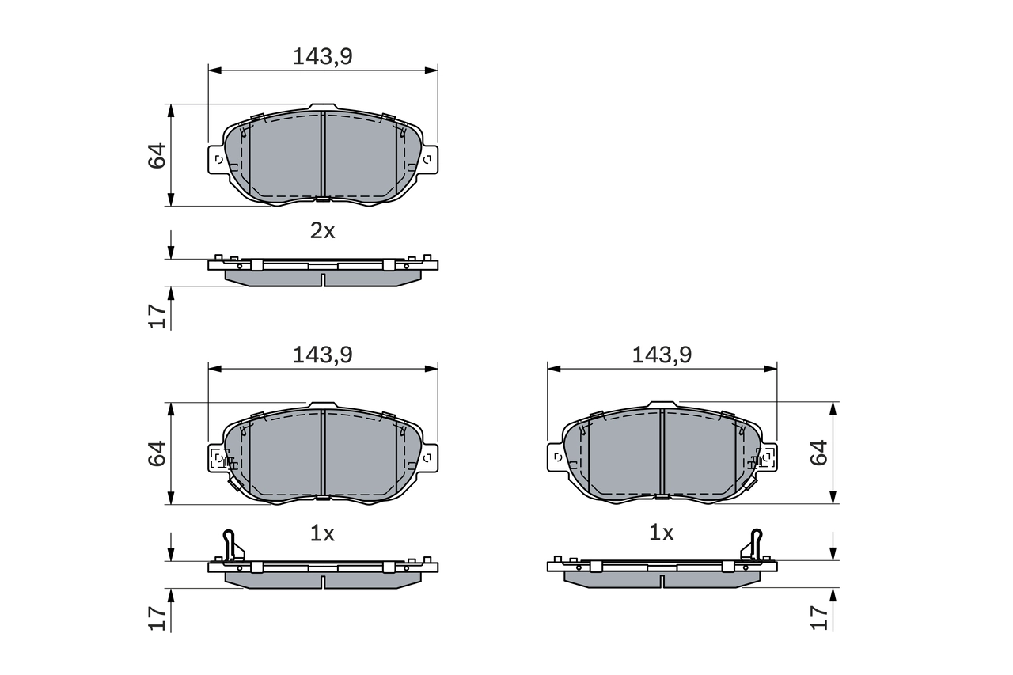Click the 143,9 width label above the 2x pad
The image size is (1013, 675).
pos(322,56)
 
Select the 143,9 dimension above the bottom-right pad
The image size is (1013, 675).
pos(662,355)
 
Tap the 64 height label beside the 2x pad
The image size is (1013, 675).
pos(157,155)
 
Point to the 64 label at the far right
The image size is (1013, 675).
pos(819,453)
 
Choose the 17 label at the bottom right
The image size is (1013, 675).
pos(819,617)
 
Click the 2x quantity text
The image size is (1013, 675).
pos(322,231)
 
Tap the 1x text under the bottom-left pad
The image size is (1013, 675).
pos(322,533)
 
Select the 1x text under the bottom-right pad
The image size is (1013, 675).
pos(662,533)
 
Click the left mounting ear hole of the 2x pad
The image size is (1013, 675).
pos(218,159)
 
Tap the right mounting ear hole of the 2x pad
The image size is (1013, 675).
pos(428,159)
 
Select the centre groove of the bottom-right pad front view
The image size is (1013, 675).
pos(662,454)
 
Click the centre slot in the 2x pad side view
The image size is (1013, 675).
pos(323,279)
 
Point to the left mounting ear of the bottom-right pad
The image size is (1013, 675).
pos(556,457)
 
